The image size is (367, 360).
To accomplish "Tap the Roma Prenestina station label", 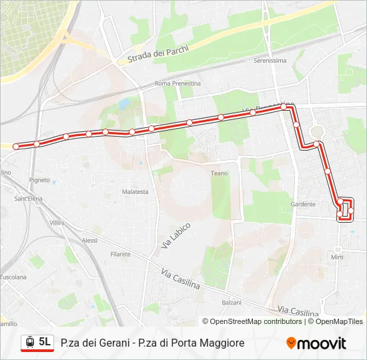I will coord(177,83).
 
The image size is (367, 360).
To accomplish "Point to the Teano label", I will coord(219,173).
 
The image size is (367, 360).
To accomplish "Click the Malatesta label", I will coord(135,191).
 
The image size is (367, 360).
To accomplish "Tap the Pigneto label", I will coord(40,180).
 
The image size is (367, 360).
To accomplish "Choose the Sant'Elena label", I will coord(29,199).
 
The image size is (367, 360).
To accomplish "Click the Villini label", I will coord(56,222).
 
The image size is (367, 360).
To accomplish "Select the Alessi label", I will coord(89,240).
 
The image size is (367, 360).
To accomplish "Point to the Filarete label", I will coord(121,254).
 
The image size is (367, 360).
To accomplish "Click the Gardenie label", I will coord(302,204).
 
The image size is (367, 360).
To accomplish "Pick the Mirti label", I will coord(337,257).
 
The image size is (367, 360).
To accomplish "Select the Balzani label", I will coord(231,302).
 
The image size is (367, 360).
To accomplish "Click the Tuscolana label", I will coord(13,276).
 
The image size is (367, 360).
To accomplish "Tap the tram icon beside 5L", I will coord(29,343).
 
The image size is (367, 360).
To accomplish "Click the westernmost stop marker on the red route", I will coord(16,146).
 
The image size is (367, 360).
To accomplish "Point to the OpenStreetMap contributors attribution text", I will coord(256,321).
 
